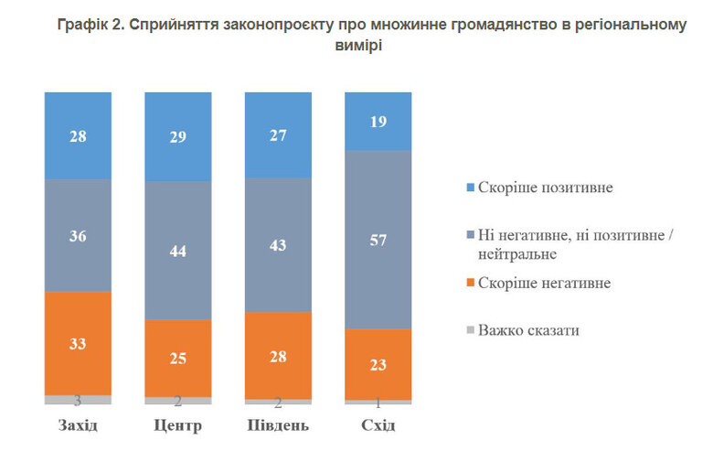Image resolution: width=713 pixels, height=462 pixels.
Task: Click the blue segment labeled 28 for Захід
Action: (x=78, y=135)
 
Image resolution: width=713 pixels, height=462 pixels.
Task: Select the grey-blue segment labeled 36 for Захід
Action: (x=78, y=235)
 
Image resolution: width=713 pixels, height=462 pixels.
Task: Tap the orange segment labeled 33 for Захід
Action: (x=78, y=343)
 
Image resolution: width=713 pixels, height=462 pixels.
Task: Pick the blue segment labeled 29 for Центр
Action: (x=178, y=136)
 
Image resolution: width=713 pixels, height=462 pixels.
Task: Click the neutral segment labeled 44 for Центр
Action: (x=178, y=250)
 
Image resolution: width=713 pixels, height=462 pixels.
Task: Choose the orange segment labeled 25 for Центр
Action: (x=178, y=358)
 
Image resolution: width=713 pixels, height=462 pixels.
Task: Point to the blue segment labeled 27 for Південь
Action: (x=278, y=134)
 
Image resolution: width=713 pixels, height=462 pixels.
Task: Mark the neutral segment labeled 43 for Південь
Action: (x=278, y=244)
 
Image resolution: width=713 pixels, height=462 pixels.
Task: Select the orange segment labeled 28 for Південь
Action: (x=278, y=355)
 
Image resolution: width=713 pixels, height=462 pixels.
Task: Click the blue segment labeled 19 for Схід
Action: (x=378, y=121)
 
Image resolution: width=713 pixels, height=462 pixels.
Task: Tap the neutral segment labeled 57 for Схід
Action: (x=378, y=240)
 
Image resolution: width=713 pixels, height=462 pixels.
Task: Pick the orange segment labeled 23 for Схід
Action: (x=378, y=364)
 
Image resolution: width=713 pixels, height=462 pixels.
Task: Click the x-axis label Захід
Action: (x=78, y=426)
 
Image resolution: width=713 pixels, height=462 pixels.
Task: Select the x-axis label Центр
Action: (x=178, y=426)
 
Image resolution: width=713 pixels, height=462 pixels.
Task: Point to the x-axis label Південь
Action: (x=278, y=426)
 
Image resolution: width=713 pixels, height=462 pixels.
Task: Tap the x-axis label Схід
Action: (x=378, y=426)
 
